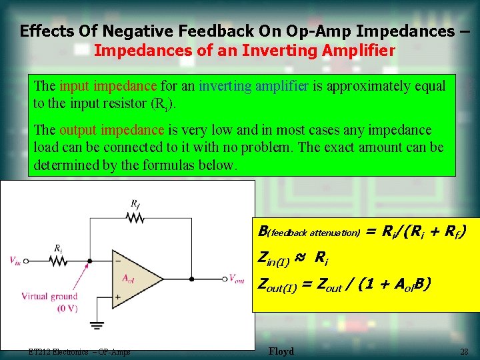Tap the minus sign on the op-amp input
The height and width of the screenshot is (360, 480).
(x=119, y=261)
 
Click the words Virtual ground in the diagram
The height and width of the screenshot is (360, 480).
(x=49, y=296)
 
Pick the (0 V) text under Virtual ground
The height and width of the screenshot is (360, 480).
(x=49, y=308)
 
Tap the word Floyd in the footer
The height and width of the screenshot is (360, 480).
(x=281, y=351)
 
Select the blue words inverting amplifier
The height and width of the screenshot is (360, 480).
(x=253, y=86)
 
